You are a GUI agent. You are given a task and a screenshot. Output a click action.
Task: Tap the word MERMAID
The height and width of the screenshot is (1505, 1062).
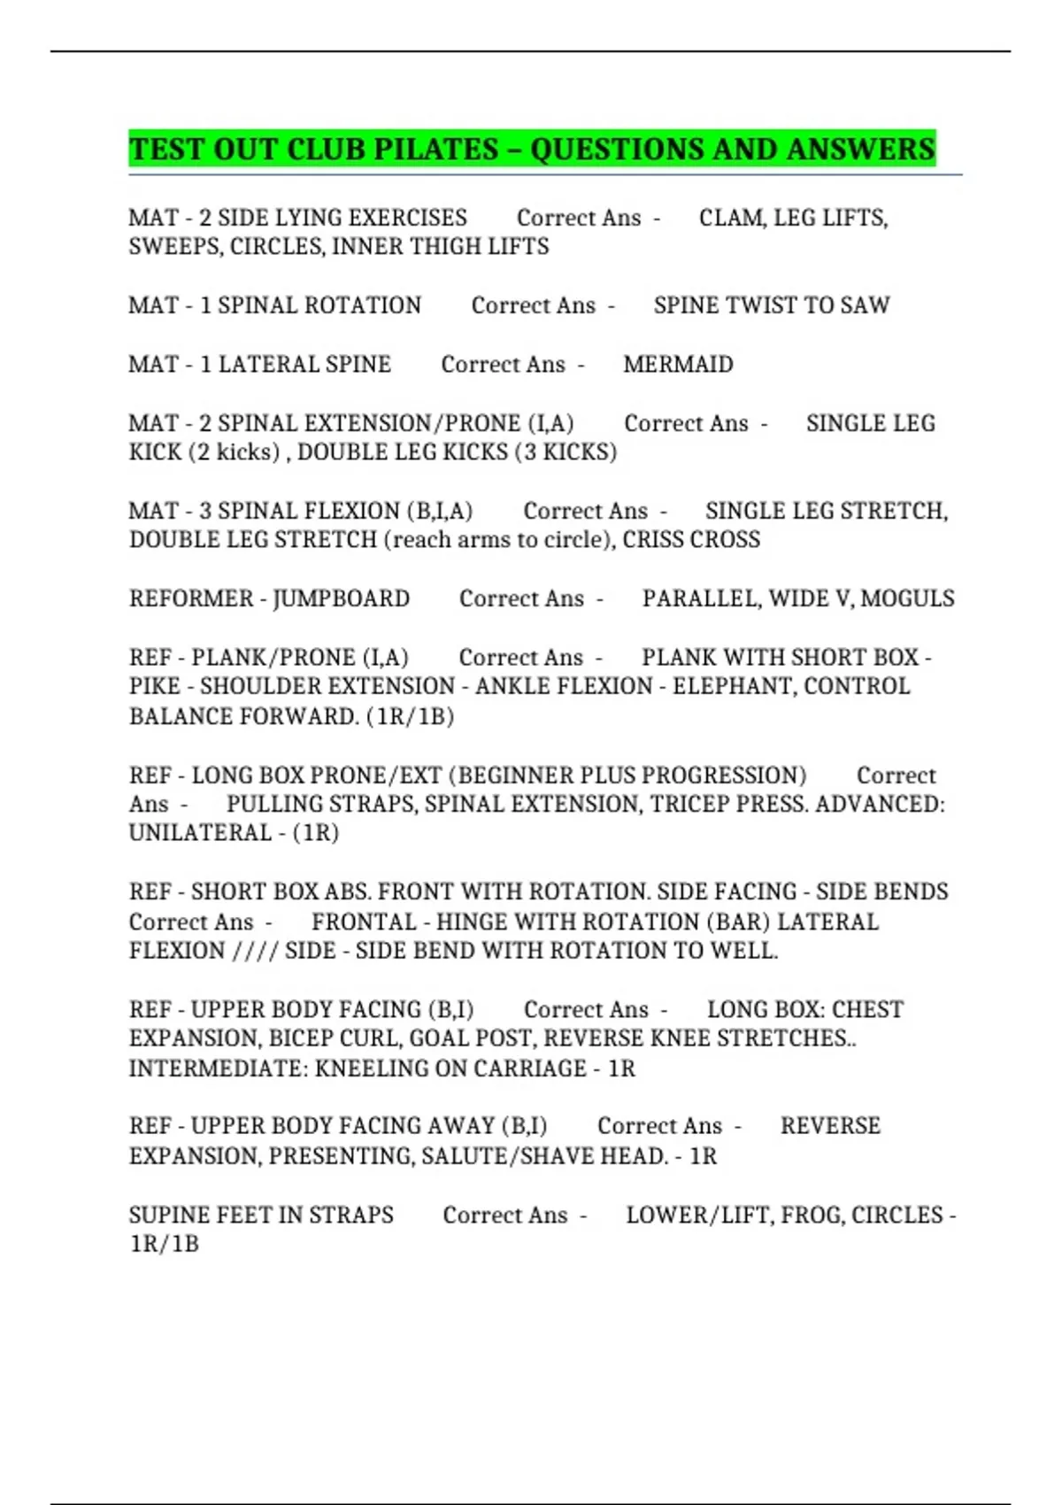(x=678, y=365)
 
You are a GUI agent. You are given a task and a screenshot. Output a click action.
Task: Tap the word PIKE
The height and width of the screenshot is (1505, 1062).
(x=155, y=687)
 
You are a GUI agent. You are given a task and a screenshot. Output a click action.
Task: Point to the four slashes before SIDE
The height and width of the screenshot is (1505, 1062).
(x=255, y=951)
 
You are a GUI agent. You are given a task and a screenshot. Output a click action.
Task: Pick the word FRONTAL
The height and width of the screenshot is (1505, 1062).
(x=364, y=922)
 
